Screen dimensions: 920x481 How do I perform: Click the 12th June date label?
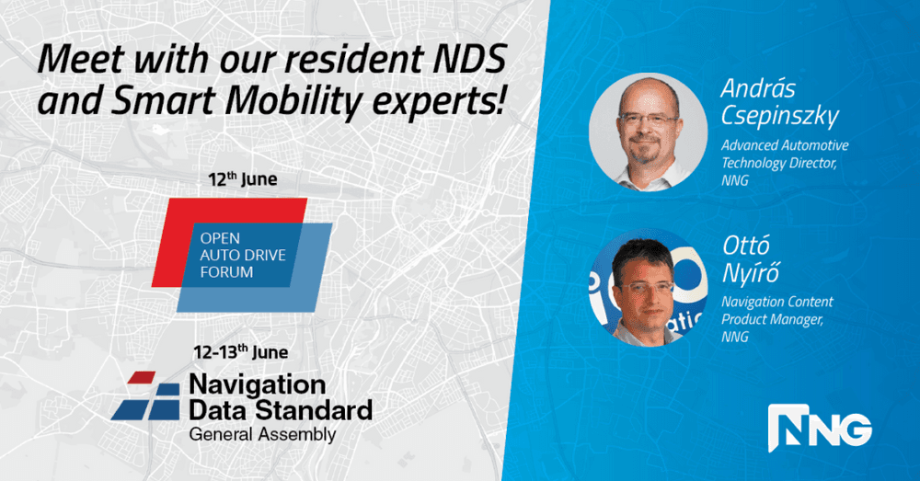(243, 179)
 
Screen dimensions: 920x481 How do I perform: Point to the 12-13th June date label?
(241, 352)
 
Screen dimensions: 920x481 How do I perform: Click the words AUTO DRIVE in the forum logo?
(243, 255)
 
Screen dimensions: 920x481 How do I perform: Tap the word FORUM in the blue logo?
(226, 272)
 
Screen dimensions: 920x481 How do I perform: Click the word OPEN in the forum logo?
(220, 238)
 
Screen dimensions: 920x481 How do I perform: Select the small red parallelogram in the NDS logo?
(142, 377)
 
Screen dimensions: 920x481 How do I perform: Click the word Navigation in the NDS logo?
(258, 384)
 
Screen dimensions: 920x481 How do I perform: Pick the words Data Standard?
(281, 410)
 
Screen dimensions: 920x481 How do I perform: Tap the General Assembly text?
(262, 435)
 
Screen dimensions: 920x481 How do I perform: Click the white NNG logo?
(820, 428)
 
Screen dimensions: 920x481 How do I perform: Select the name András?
(758, 88)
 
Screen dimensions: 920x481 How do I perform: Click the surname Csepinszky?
(780, 116)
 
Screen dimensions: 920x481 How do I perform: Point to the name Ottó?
(746, 246)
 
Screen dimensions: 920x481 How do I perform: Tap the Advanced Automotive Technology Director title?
(785, 163)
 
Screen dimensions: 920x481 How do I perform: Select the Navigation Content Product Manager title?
(776, 319)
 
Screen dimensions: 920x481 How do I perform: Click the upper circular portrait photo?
(648, 132)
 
